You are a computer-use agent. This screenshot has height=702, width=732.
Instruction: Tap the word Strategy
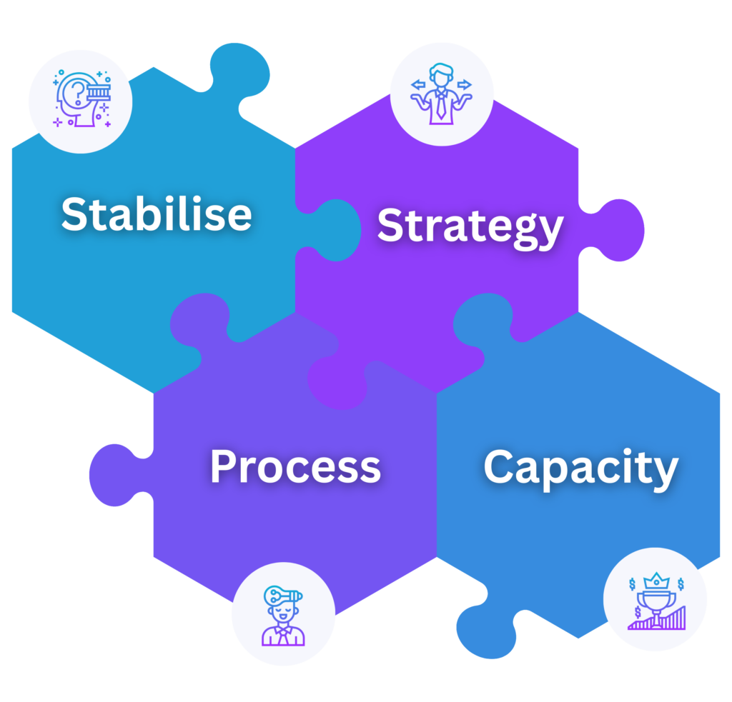coord(470,226)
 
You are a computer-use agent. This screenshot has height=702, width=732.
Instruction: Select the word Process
coord(295,466)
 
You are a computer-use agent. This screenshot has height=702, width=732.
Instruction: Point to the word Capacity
coord(580,468)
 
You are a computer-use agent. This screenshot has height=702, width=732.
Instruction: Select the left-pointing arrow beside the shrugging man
coord(417,86)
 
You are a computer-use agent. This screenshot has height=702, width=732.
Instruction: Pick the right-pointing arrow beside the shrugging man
coord(465,86)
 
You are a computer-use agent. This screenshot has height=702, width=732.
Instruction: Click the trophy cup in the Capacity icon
coord(655,601)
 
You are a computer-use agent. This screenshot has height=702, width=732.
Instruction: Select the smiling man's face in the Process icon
coord(280,614)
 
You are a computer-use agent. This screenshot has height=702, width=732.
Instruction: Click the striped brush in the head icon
coord(97,94)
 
